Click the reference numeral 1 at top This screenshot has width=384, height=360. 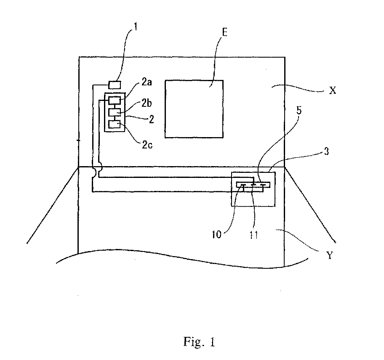coord(135,26)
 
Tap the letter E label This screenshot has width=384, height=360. coord(224,32)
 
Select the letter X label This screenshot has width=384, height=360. coord(333,91)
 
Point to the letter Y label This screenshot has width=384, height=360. coord(330,255)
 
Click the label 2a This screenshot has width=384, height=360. coord(147,82)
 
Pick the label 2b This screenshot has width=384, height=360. coord(147,103)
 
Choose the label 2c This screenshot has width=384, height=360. coord(147,145)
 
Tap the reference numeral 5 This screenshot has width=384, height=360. coord(299,111)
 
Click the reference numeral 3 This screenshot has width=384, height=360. coord(326,151)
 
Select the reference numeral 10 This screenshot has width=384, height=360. coord(217,235)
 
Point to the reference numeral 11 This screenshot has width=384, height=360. coord(254,235)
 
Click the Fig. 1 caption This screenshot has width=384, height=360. coord(199,341)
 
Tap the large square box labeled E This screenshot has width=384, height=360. coord(194,109)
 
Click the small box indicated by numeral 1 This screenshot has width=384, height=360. coord(115,85)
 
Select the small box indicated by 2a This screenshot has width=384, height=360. coord(115,101)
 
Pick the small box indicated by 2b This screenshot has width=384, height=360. coord(115,112)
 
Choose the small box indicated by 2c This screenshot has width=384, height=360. coord(115,124)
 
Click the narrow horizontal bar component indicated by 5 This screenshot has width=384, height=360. coord(253,185)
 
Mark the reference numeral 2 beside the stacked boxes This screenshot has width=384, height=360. coord(152,119)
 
